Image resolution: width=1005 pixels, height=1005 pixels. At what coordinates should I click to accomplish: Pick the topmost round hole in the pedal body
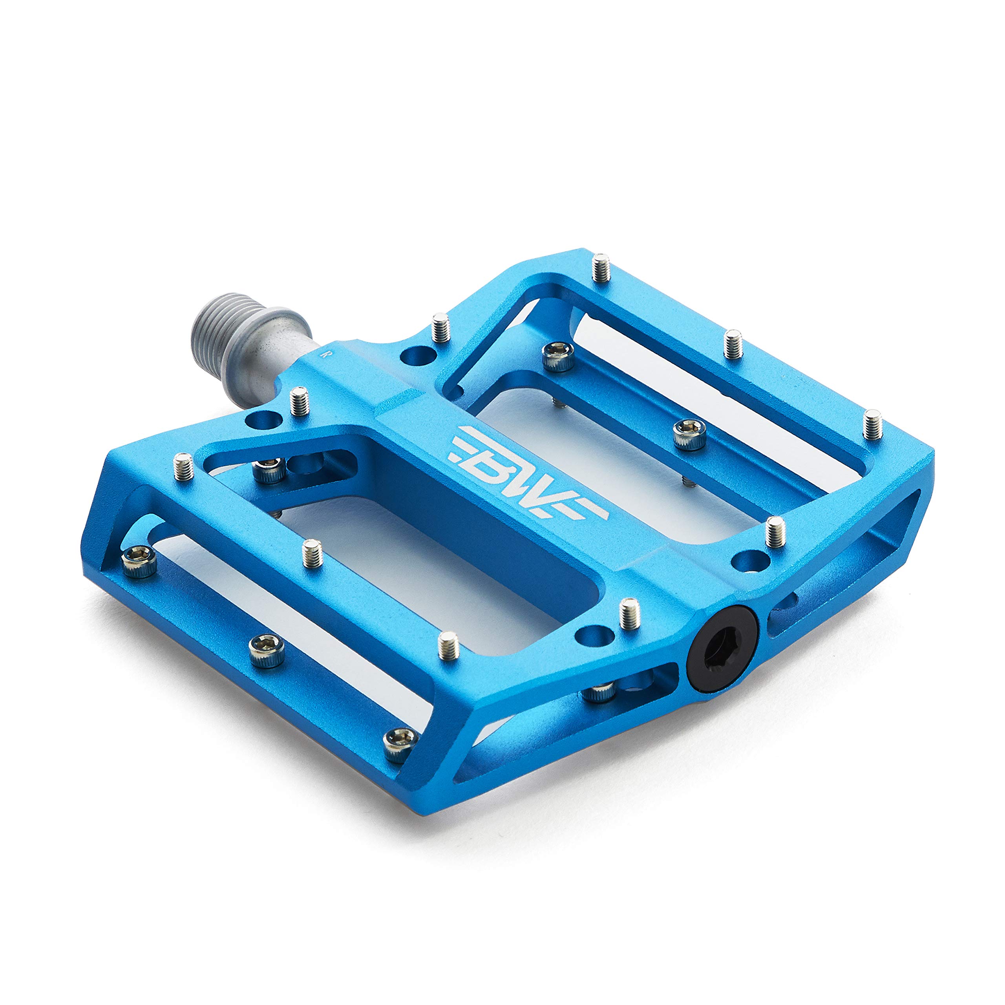418,357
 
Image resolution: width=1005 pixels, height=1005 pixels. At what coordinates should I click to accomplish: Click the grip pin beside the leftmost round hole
299,401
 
